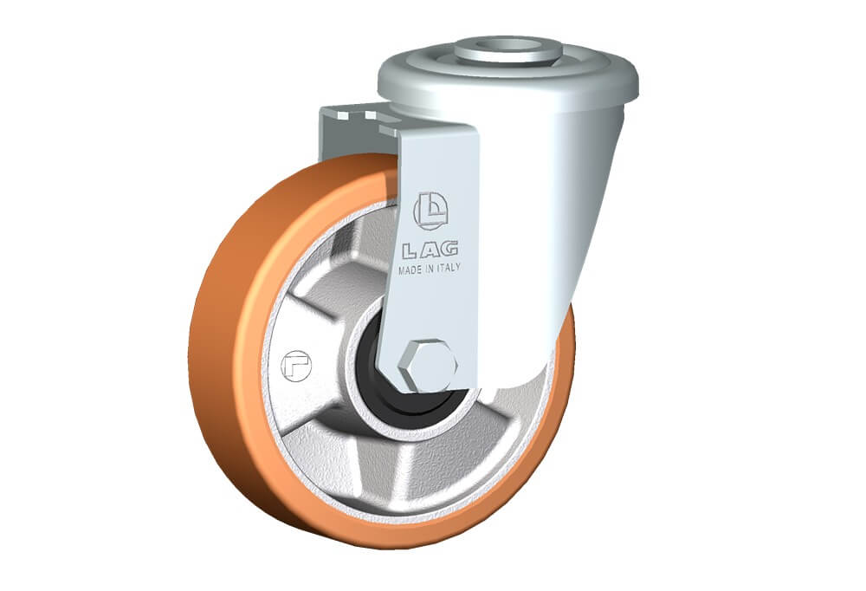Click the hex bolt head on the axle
pos(427,366)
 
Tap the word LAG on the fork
pos(430,250)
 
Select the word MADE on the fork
pos(411,270)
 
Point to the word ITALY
pos(449,267)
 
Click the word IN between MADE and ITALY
pos(431,269)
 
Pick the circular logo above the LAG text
pos(430,211)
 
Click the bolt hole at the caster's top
pos(508,44)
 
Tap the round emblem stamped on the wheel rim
pos(296,366)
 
